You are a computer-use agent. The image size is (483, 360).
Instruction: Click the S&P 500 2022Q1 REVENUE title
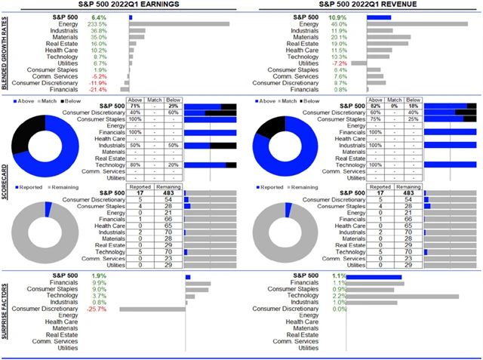359,5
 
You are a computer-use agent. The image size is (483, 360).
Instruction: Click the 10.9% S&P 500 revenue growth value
337,17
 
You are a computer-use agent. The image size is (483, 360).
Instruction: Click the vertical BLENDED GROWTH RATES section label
6,53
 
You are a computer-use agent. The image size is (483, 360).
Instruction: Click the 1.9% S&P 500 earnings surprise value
98,276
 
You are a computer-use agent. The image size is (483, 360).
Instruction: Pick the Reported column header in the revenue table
381,186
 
